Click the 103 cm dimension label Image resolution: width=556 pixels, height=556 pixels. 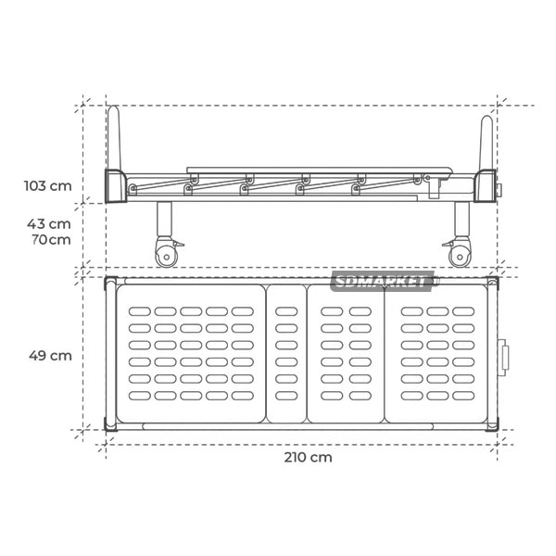[48, 186]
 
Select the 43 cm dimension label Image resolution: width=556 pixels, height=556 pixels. [49, 223]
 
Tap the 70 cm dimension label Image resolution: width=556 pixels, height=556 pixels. [51, 239]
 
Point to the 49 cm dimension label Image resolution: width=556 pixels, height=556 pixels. [50, 355]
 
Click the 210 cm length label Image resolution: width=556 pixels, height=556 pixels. [309, 457]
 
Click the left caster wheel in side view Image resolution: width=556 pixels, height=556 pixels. [166, 257]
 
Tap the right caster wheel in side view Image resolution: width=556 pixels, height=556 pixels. [460, 257]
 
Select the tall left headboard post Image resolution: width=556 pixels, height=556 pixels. [114, 137]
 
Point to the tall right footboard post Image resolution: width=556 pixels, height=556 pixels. [486, 143]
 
